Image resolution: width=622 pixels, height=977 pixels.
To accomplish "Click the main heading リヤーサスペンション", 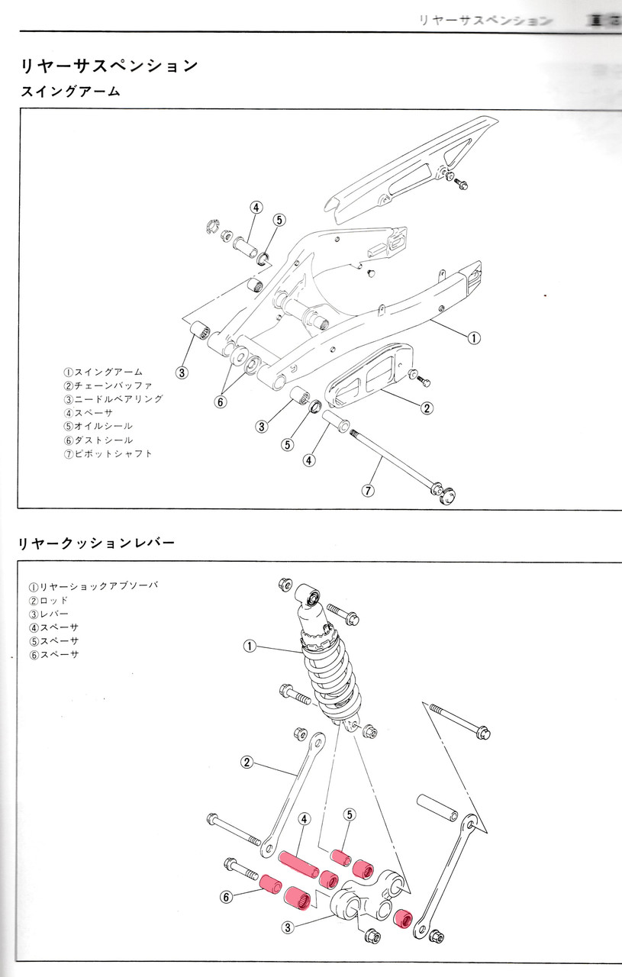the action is tap(108, 66).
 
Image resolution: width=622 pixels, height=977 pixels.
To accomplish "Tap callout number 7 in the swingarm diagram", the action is tap(368, 491).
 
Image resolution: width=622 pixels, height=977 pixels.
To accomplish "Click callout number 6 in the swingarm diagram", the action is tap(221, 401).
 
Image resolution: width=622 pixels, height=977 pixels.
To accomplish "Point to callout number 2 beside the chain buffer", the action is tap(427, 408).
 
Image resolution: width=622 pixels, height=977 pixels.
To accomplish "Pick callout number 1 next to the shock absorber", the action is tap(249, 646).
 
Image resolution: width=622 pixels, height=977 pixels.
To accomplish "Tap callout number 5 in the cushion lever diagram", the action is tap(349, 815).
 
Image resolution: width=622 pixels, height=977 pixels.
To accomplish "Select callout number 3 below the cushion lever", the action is tap(288, 927).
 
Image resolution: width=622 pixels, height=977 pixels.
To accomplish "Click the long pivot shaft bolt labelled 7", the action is tap(393, 461).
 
